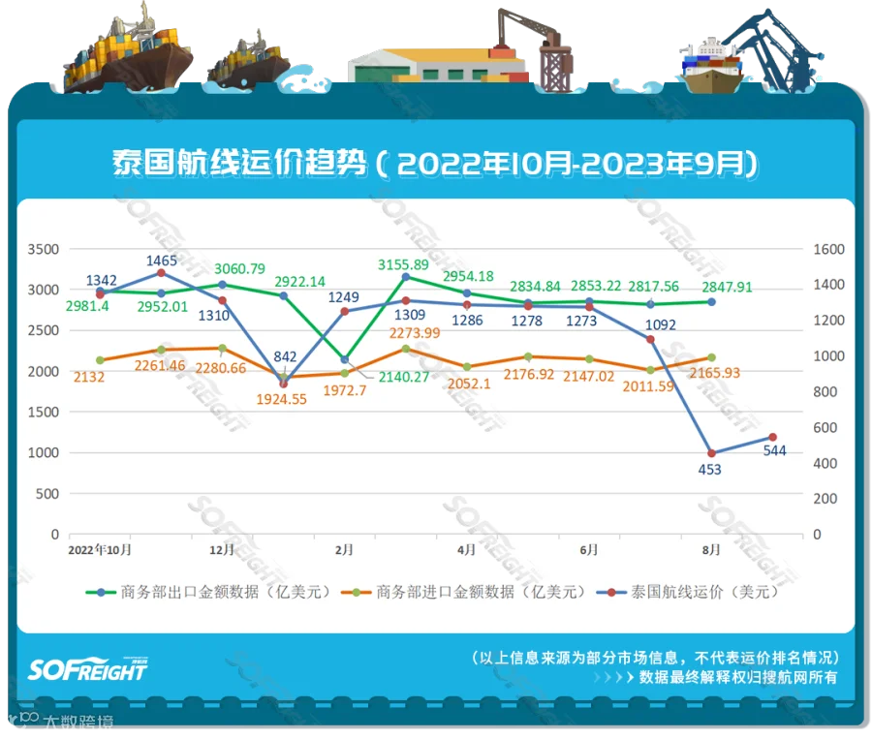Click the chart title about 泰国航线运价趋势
(435, 163)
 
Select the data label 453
(711, 470)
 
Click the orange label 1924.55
(284, 397)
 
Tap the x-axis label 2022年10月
(100, 549)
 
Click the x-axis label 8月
(711, 549)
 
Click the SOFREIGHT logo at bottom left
(87, 668)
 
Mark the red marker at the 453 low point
(711, 453)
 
